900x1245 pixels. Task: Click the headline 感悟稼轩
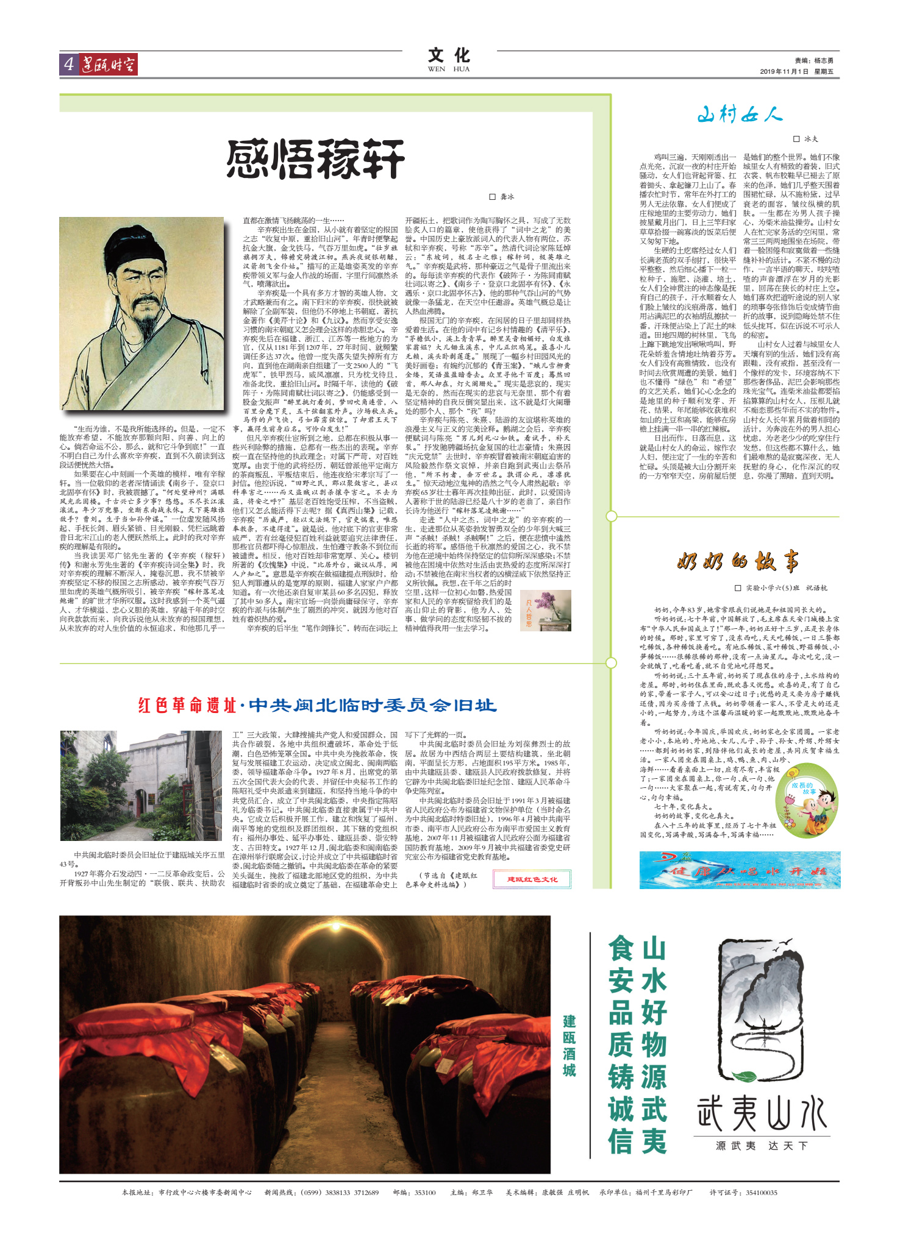[315, 158]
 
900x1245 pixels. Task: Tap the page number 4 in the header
[68, 64]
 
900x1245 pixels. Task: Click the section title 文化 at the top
[449, 56]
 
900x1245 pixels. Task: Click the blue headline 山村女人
[739, 114]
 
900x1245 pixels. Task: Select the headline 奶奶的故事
[738, 561]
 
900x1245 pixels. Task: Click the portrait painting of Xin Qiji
[141, 314]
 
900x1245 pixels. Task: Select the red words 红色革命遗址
[187, 705]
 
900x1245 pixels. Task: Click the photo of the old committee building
[141, 786]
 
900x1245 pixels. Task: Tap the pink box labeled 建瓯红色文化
[532, 879]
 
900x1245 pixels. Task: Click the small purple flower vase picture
[546, 610]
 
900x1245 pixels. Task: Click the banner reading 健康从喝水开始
[740, 870]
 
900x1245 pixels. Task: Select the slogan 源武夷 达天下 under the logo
[762, 1146]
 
